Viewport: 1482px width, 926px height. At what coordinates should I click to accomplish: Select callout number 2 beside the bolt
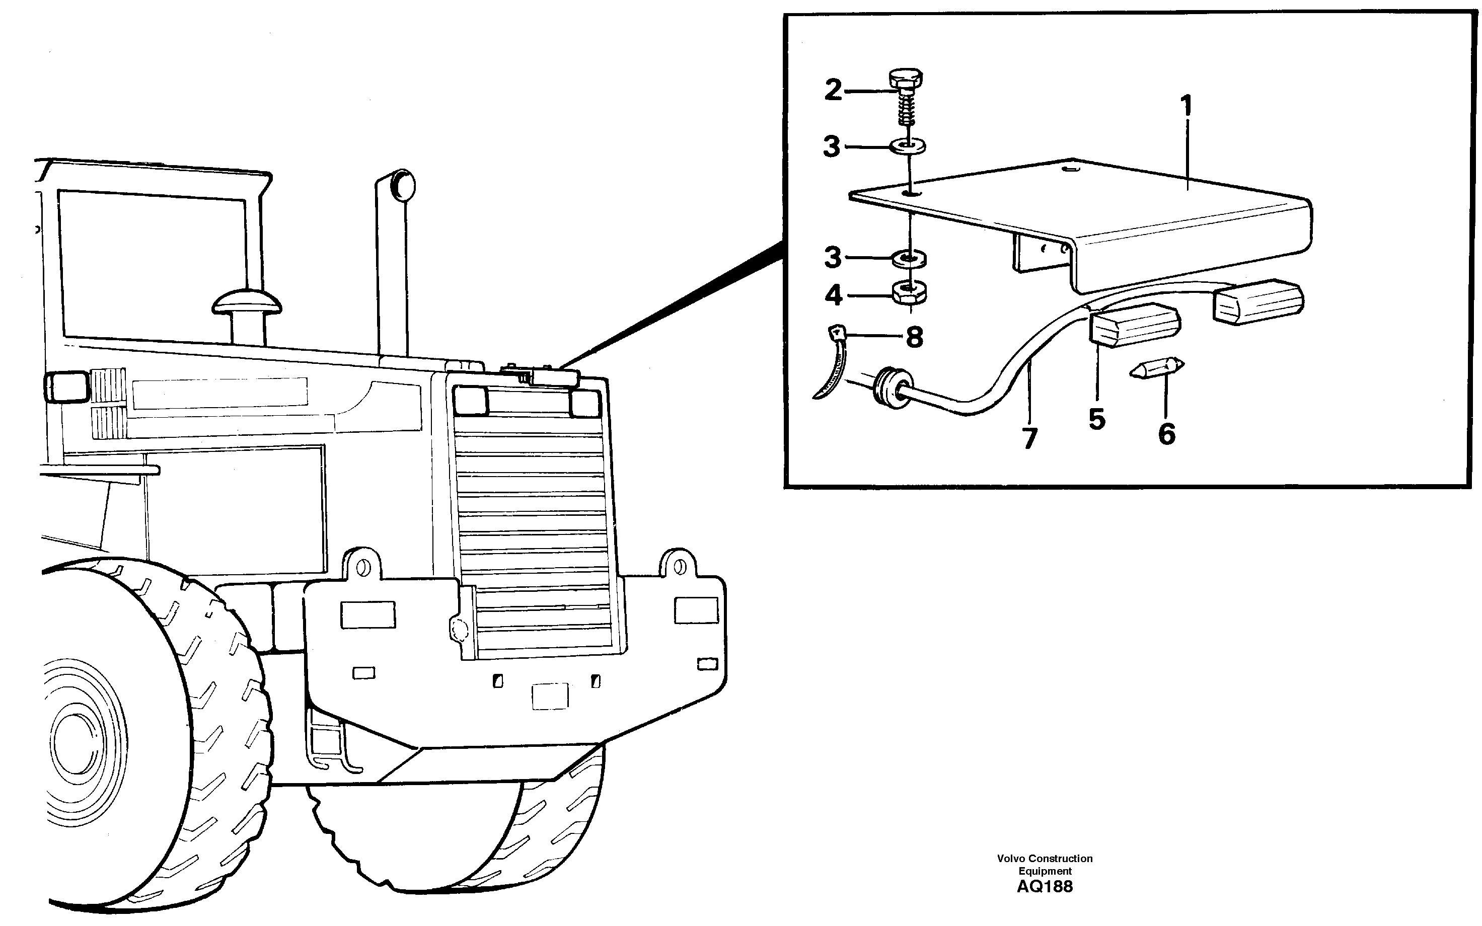coord(833,91)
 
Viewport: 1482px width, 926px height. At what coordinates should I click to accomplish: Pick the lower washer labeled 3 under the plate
coord(909,259)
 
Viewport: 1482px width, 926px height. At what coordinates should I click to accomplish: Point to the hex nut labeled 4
coord(910,293)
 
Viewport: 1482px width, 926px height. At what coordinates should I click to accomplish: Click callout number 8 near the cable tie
coord(913,337)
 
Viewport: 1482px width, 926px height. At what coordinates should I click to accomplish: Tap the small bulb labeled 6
coord(1157,369)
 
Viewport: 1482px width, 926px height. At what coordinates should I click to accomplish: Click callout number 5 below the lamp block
coord(1096,420)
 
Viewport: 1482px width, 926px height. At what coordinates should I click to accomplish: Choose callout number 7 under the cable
coord(1029,438)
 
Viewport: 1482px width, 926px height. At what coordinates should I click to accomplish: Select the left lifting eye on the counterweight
coord(363,567)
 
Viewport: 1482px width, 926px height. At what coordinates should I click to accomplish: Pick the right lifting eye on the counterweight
coord(679,567)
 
